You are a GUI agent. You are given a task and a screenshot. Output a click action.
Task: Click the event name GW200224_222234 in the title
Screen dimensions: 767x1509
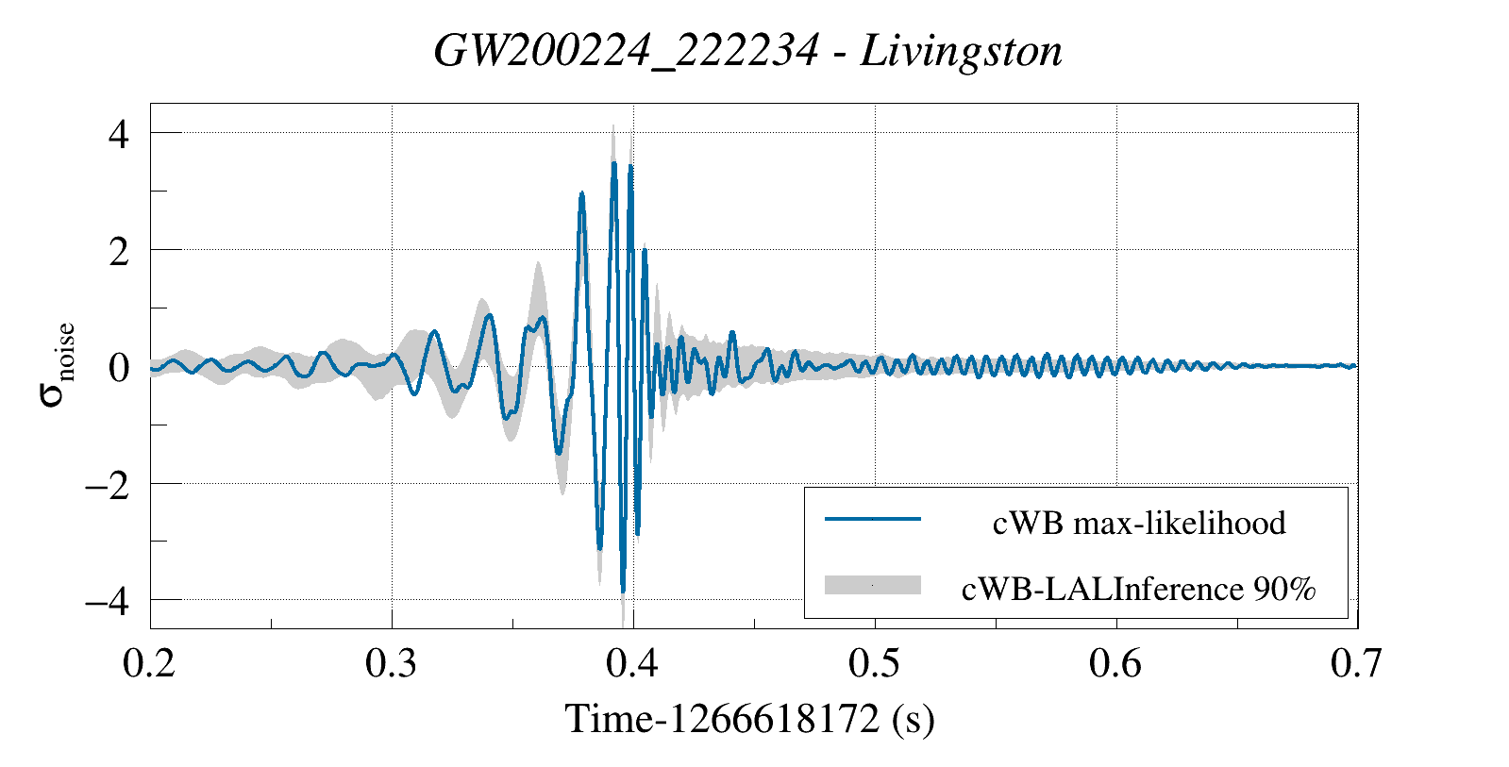pyautogui.click(x=626, y=51)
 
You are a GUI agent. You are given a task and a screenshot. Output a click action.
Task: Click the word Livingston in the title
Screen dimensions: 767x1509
pyautogui.click(x=961, y=51)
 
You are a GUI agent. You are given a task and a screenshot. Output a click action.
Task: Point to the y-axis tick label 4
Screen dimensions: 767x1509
pyautogui.click(x=118, y=134)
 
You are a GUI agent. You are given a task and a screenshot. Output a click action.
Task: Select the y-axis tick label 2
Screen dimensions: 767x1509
pyautogui.click(x=118, y=251)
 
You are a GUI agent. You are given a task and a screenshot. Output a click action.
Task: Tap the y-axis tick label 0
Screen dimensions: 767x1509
pyautogui.click(x=118, y=368)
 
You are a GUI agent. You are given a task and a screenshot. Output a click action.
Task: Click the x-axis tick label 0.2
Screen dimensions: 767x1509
pyautogui.click(x=149, y=664)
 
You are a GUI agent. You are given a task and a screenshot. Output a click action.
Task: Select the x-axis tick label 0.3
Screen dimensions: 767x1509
pyautogui.click(x=391, y=664)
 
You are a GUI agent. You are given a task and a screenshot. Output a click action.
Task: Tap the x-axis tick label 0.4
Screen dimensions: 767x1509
pyautogui.click(x=632, y=664)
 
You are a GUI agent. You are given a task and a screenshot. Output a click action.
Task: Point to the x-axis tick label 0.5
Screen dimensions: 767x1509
pyautogui.click(x=874, y=664)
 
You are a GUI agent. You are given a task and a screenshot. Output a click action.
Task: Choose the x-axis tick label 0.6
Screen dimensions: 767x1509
pyautogui.click(x=1115, y=664)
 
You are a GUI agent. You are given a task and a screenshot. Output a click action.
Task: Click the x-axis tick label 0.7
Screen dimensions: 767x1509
pyautogui.click(x=1356, y=664)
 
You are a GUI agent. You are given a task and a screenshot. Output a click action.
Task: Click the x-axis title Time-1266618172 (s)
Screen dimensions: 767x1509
pyautogui.click(x=749, y=719)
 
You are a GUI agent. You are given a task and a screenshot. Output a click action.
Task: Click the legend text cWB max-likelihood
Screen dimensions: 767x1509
pyautogui.click(x=1138, y=523)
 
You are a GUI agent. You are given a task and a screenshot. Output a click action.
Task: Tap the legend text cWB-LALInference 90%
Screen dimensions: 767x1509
pyautogui.click(x=1138, y=589)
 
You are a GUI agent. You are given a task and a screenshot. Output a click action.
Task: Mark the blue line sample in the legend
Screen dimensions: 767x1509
pyautogui.click(x=872, y=519)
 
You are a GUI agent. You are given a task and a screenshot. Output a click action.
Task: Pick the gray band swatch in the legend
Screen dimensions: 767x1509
pyautogui.click(x=872, y=585)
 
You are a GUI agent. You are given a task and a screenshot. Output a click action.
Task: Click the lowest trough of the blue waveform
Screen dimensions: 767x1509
pyautogui.click(x=623, y=591)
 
